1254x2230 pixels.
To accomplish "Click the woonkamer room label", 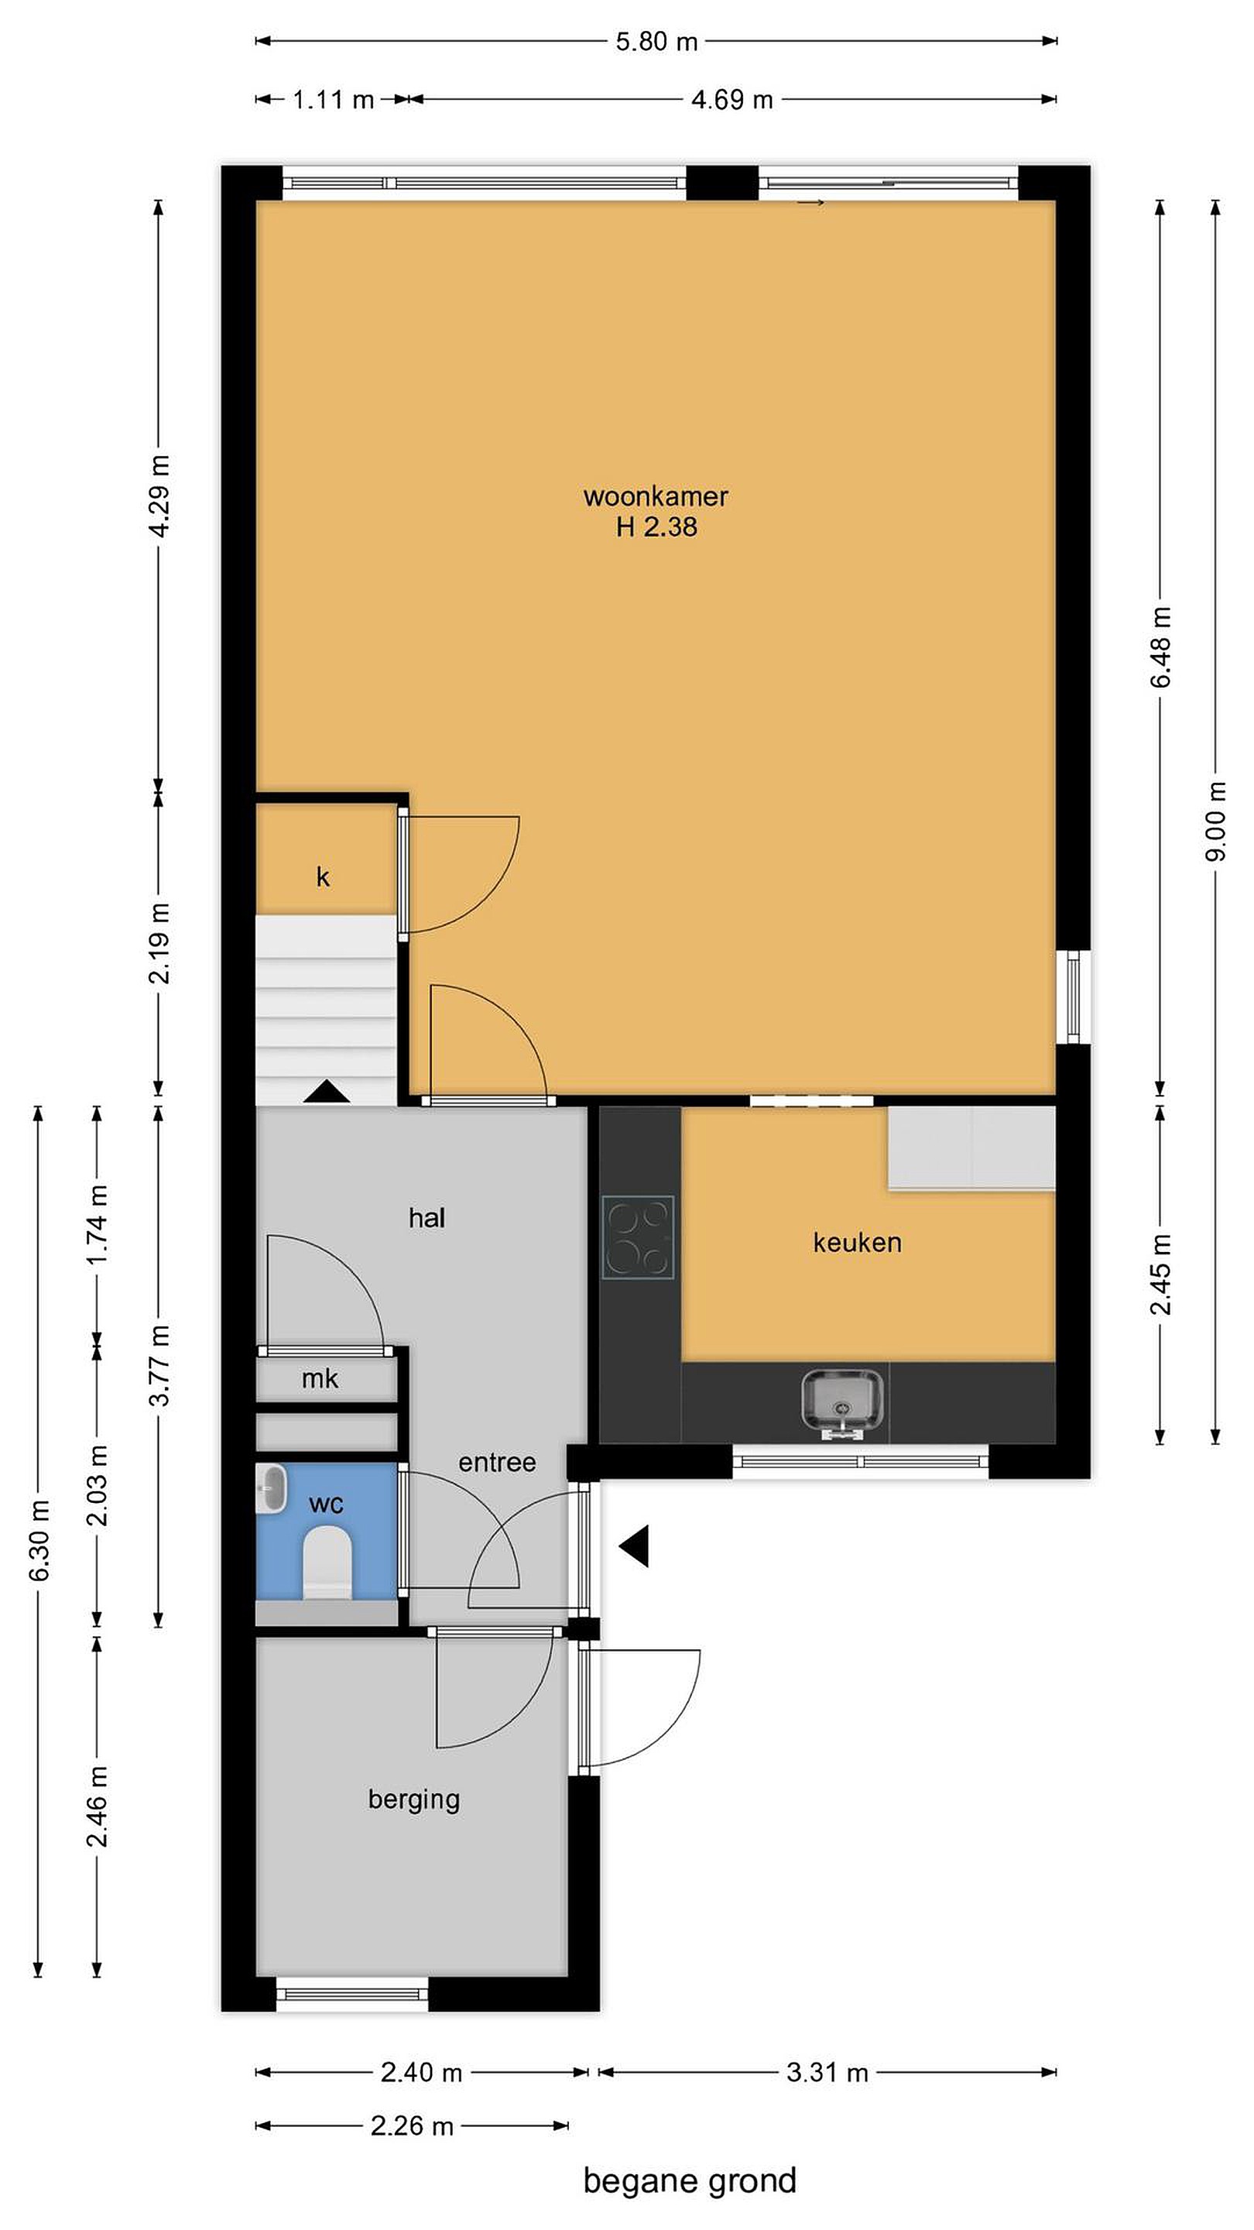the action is coord(656,496).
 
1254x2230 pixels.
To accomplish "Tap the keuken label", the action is coord(857,1243).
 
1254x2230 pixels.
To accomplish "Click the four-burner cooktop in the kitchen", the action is coord(638,1237).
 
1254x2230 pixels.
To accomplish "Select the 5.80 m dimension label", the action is coord(656,42).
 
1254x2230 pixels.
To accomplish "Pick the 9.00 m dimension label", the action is coord(1215,821).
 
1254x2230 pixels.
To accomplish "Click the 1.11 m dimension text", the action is coord(333,100).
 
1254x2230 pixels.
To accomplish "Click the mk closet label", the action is coord(320,1379).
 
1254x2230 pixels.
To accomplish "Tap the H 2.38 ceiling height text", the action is coord(656,527).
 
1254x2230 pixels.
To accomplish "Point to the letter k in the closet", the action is coord(323,877).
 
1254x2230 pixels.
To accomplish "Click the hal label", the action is coord(427,1218).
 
